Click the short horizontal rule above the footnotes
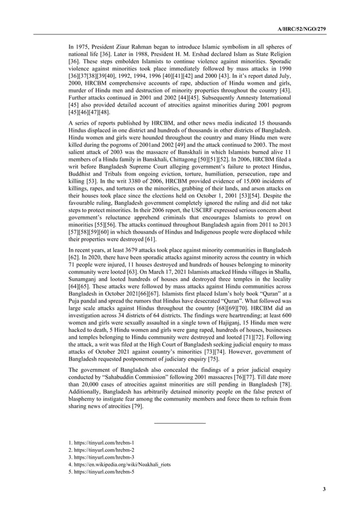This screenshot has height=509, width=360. (179, 423)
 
